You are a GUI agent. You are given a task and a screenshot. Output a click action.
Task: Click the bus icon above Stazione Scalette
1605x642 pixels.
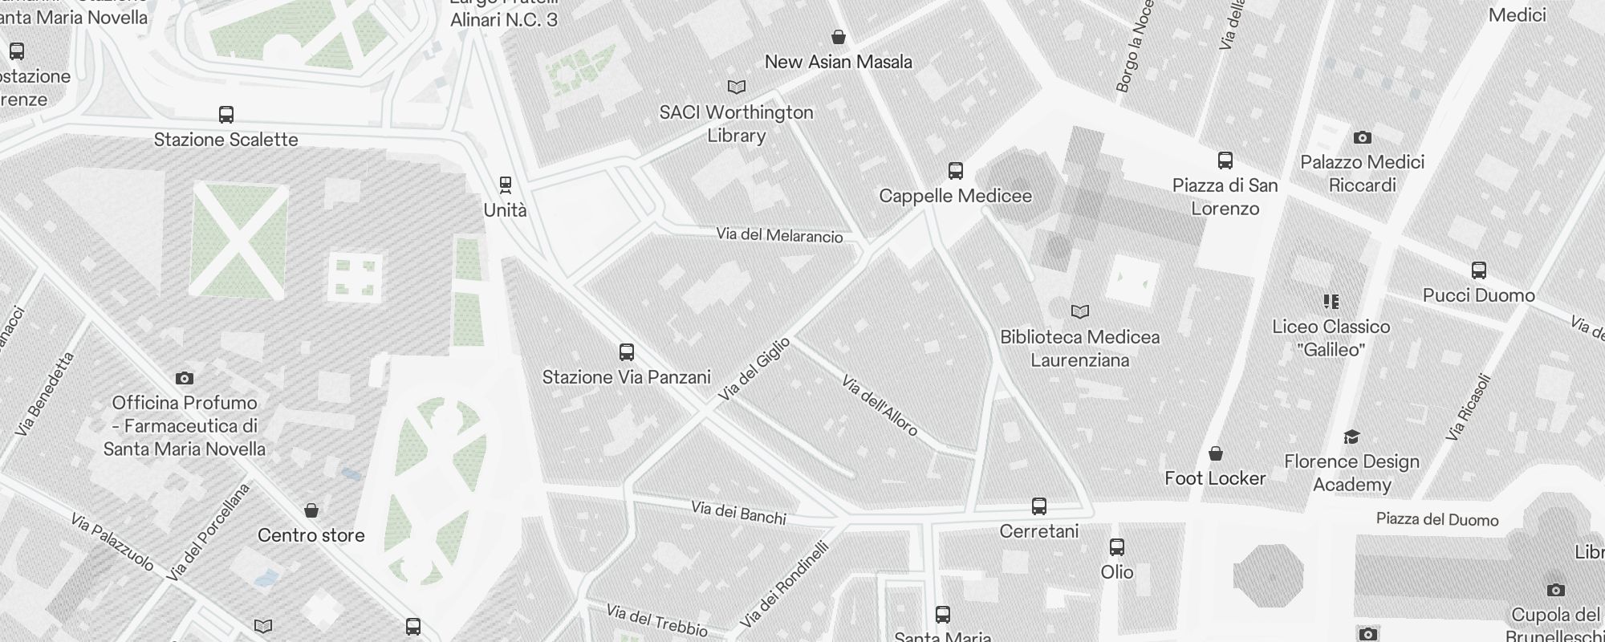click(226, 115)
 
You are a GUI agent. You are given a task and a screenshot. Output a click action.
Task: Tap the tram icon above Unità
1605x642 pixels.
click(506, 185)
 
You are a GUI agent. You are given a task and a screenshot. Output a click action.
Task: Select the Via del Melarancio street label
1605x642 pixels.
click(779, 235)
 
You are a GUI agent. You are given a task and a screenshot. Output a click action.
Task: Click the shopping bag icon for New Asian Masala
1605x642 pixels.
click(839, 37)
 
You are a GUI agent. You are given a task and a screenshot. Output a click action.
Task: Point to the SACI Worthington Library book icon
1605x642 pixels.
click(736, 87)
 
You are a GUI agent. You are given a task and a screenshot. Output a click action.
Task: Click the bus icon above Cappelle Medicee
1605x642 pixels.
click(955, 171)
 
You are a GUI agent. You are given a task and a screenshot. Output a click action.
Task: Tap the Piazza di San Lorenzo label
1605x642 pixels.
click(1225, 197)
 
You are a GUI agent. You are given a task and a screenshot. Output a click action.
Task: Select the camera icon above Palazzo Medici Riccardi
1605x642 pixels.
click(1362, 137)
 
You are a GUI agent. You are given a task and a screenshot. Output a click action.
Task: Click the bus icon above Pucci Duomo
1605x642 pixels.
click(1479, 270)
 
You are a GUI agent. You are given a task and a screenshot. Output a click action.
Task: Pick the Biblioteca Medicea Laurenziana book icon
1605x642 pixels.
click(1080, 311)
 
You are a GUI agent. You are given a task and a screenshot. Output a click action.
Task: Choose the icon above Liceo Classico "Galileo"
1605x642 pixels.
click(1331, 302)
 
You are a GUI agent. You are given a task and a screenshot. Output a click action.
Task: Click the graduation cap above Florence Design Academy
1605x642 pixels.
click(1351, 437)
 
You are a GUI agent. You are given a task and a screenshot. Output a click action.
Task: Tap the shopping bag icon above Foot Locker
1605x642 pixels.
click(1216, 453)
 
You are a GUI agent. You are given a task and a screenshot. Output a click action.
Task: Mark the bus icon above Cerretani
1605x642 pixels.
click(1039, 506)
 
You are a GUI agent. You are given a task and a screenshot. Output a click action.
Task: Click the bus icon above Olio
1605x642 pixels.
click(1117, 547)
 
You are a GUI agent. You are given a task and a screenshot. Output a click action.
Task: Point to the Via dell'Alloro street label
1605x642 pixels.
click(880, 405)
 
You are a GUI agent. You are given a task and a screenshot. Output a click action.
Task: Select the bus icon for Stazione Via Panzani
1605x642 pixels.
click(627, 352)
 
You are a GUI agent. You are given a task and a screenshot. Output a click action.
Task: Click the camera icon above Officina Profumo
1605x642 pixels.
click(185, 378)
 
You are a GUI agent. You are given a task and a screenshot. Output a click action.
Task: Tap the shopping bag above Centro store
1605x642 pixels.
click(311, 510)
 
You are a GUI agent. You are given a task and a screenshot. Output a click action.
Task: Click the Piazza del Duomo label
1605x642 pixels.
click(1437, 519)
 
